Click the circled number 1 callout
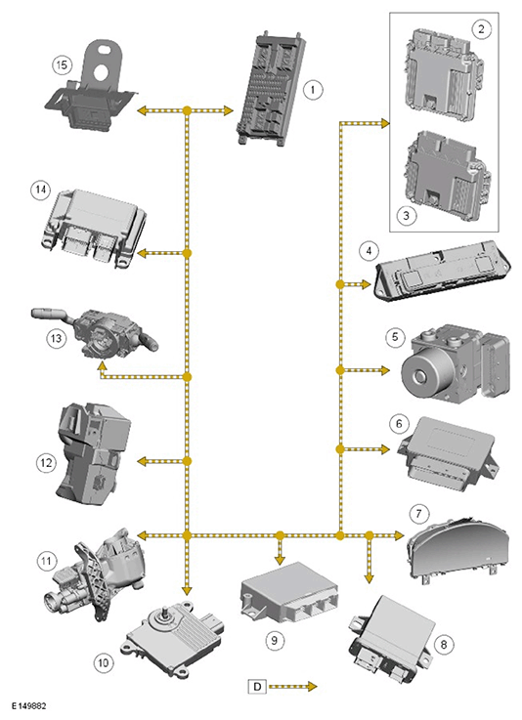tap(313, 89)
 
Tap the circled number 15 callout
tap(62, 64)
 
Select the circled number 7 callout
tap(418, 513)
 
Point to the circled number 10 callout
tap(104, 662)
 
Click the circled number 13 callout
tap(56, 338)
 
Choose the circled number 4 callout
tap(369, 251)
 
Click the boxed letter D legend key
tap(257, 687)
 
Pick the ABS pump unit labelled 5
tap(456, 362)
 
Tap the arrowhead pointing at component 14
tap(143, 253)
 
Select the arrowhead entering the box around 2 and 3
tap(384, 123)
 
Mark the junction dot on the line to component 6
tap(340, 449)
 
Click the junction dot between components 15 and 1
tap(187, 110)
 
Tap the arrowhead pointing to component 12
tap(143, 461)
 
